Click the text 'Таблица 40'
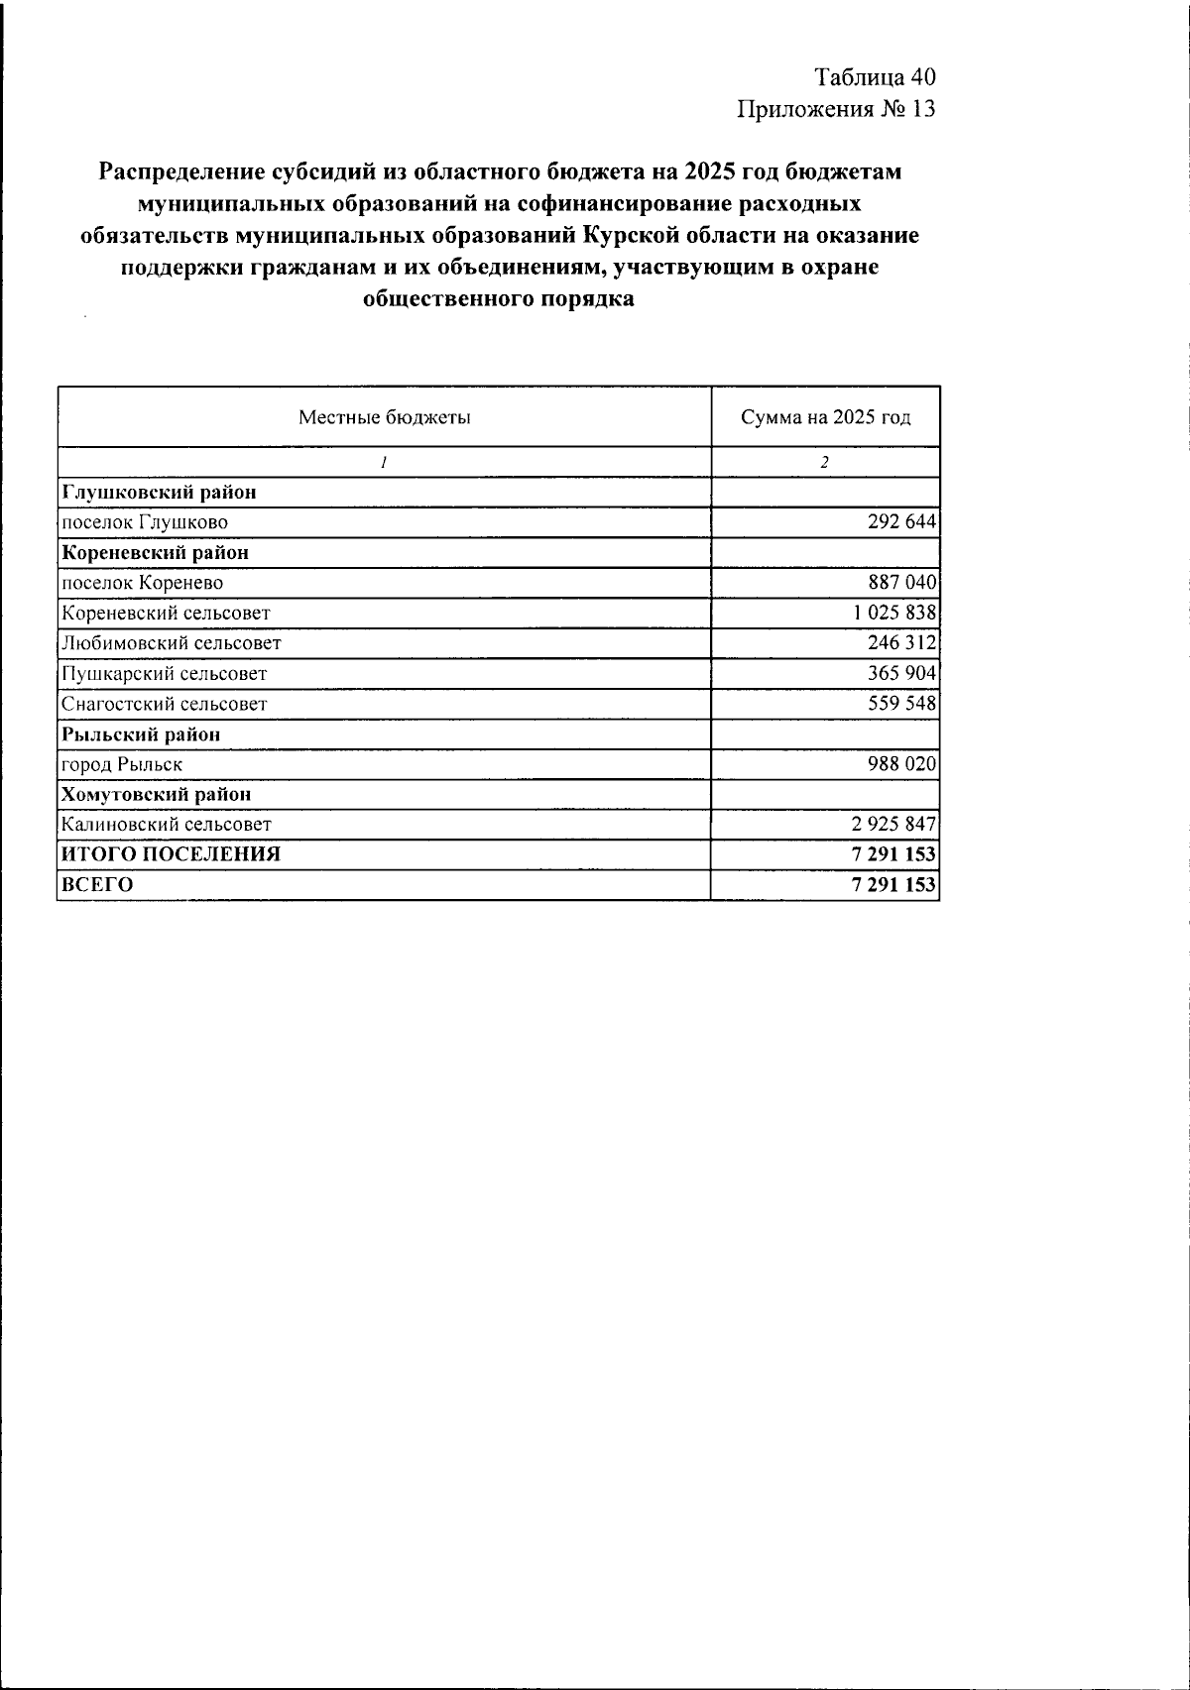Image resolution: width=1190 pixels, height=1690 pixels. (875, 77)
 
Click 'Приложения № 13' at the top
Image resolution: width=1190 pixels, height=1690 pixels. (835, 109)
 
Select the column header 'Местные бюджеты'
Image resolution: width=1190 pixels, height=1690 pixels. (385, 417)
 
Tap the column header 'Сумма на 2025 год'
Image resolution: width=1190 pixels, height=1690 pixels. (825, 417)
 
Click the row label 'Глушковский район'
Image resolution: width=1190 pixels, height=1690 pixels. (159, 493)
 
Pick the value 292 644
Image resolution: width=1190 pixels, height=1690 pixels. (900, 522)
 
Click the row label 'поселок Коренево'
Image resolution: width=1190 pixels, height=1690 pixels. (142, 583)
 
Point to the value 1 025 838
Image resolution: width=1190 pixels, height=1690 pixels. (893, 613)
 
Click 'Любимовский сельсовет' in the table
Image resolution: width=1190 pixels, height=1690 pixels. (171, 643)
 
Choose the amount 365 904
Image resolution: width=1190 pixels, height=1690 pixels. (900, 674)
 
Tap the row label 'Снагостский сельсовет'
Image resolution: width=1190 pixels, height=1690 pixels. (164, 705)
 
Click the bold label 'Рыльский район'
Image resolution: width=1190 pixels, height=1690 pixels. (141, 734)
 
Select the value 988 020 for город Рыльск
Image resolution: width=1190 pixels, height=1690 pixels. (900, 764)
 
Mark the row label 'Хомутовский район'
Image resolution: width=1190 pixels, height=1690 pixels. (156, 795)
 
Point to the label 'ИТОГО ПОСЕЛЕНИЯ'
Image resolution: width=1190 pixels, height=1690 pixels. (171, 854)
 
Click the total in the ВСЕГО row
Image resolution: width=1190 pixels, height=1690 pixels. (892, 885)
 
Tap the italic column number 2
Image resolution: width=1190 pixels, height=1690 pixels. (824, 463)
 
